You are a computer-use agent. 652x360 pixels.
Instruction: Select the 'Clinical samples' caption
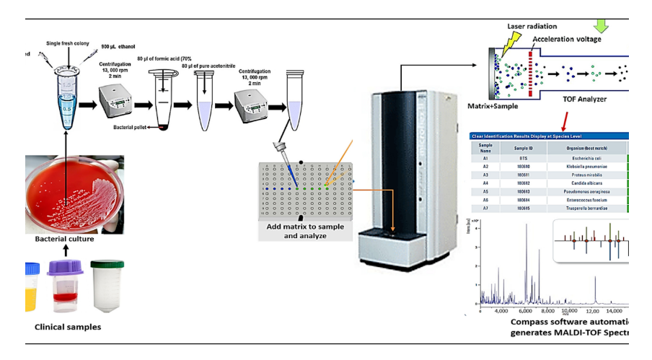click(x=68, y=327)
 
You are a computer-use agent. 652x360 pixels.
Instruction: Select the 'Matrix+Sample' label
click(x=493, y=105)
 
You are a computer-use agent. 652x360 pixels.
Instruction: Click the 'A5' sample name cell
click(x=485, y=192)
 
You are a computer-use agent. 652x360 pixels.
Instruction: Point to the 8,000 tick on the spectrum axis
click(x=547, y=311)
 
